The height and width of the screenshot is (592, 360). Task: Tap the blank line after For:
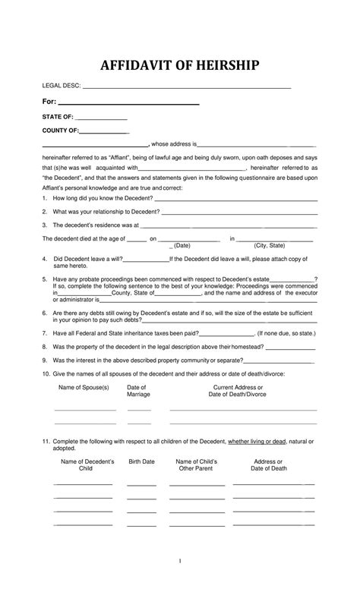(129, 102)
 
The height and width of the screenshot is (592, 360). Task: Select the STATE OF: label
(58, 117)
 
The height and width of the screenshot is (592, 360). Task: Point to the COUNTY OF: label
(61, 131)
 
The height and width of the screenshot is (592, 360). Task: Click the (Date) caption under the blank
(182, 246)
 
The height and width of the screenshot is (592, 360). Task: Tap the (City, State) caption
(270, 246)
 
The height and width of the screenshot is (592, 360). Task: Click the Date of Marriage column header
(138, 391)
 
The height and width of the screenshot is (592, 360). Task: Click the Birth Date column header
(141, 461)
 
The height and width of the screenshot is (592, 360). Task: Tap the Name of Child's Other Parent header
(197, 465)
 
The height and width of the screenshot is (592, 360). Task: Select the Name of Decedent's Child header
(87, 465)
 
